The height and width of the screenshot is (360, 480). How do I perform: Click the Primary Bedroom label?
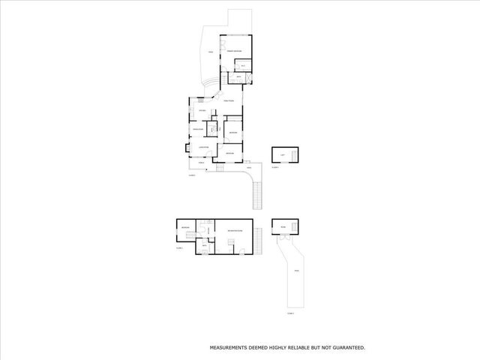(x=235, y=50)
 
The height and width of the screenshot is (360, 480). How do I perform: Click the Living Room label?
(x=202, y=148)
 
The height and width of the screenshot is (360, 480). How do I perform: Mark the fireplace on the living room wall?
(x=187, y=148)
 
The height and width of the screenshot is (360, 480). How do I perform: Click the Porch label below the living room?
(x=202, y=162)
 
